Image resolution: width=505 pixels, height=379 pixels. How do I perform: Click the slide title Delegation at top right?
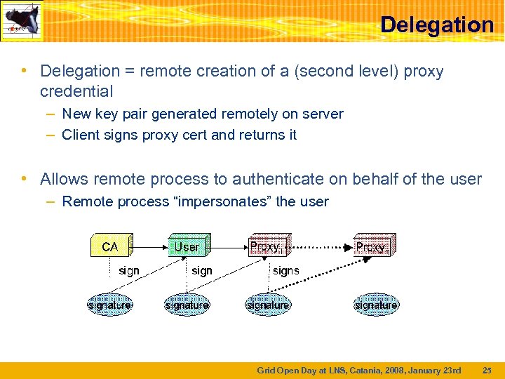pos(436,25)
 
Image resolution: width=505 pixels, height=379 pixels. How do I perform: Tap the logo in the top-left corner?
pos(22,21)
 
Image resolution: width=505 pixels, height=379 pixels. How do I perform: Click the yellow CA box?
pos(110,246)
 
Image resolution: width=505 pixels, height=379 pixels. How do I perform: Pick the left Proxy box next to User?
pos(267,246)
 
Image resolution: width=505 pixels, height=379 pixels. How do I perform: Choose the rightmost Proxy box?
pos(373,246)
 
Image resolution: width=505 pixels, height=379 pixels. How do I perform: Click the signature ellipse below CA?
pos(109,305)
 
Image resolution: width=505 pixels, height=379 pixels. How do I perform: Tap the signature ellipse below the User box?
pos(187,305)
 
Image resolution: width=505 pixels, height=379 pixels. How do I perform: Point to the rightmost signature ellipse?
pos(376,305)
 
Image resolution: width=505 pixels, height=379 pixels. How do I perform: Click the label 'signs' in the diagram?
pos(285,270)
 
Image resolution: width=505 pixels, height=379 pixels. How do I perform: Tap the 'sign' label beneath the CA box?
pos(129,270)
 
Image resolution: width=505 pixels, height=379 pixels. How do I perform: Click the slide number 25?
pos(487,370)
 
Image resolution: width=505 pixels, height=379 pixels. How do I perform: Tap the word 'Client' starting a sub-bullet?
pos(79,134)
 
